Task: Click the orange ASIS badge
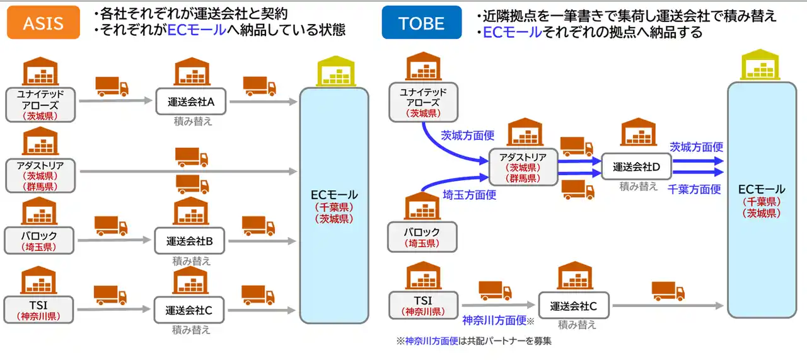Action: (x=43, y=23)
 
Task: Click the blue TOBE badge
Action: (x=422, y=23)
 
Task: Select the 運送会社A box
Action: (x=191, y=101)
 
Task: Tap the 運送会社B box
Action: (x=190, y=240)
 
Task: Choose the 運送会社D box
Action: (x=636, y=167)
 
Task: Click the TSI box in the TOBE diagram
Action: (x=422, y=305)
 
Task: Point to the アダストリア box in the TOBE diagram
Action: (x=523, y=167)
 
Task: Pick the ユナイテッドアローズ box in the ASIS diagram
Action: (x=41, y=105)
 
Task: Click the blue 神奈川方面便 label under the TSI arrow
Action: (x=494, y=320)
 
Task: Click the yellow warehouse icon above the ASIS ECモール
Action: (x=333, y=71)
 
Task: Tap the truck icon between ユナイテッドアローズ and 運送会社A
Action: (x=112, y=86)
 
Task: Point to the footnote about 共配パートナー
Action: (x=473, y=342)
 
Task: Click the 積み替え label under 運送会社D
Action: (x=638, y=186)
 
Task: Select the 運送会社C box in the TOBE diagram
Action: (x=574, y=306)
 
